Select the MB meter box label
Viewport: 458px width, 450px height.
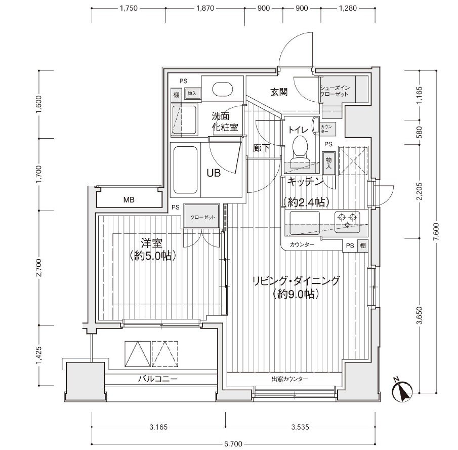click(129, 200)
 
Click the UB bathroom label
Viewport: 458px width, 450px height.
click(214, 173)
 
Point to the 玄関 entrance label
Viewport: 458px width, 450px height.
click(279, 92)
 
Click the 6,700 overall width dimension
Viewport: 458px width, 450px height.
click(233, 444)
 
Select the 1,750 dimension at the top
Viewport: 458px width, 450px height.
click(129, 8)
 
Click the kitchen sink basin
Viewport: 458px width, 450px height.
click(304, 223)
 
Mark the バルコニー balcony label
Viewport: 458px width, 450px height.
click(158, 379)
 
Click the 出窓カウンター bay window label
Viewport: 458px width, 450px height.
click(289, 379)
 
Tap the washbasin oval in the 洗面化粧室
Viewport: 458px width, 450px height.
click(222, 89)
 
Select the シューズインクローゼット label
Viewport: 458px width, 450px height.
click(335, 91)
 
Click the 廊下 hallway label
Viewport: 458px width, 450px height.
click(261, 148)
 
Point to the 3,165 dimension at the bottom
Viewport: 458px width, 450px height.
click(158, 427)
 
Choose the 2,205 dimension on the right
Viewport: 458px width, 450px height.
click(420, 191)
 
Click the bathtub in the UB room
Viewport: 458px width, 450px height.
click(186, 170)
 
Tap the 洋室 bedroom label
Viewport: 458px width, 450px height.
click(152, 243)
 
